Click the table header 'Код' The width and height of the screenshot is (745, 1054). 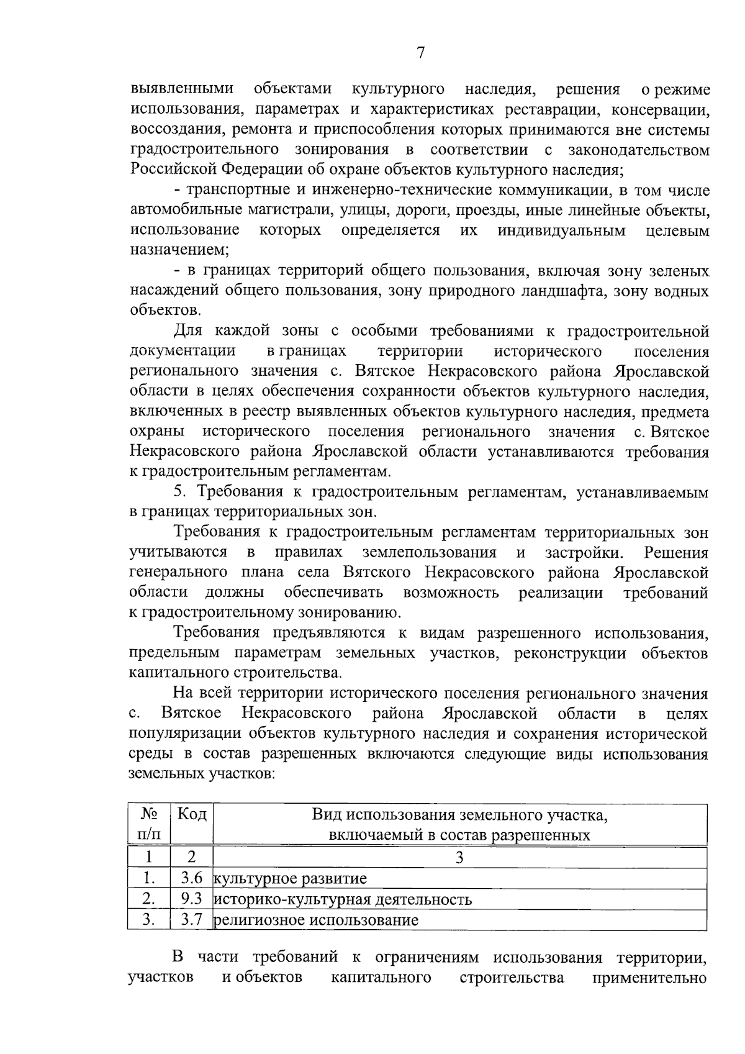[191, 814]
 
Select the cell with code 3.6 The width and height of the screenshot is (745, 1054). [191, 879]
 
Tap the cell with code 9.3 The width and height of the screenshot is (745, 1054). [191, 899]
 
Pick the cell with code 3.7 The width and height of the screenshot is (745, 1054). [191, 920]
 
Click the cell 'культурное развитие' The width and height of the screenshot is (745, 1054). [290, 879]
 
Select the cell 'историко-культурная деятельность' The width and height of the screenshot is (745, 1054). [343, 899]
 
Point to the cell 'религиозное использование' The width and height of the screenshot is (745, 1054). [316, 920]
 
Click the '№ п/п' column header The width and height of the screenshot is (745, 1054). [149, 824]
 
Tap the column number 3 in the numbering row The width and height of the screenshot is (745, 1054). [459, 858]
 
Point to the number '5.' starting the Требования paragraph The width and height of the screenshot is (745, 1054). [180, 493]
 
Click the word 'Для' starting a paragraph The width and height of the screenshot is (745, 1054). [187, 331]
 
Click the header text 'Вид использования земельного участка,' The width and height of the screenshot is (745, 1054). [459, 815]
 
